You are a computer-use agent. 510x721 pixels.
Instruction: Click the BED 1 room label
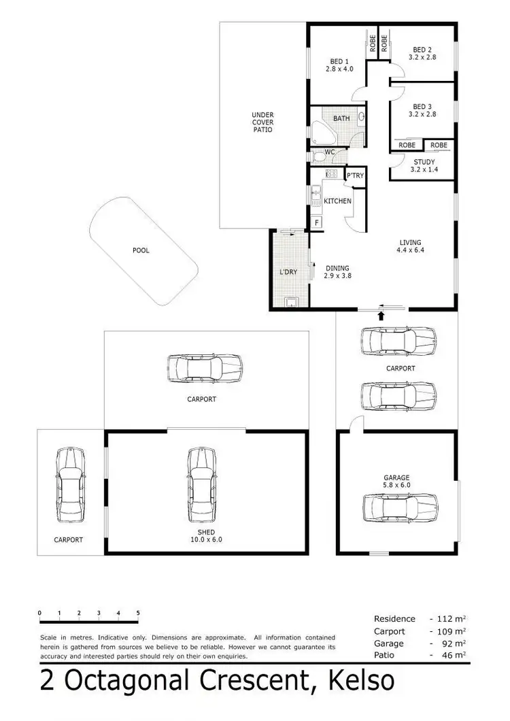(336, 61)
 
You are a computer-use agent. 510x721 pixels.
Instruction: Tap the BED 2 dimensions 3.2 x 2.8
(422, 58)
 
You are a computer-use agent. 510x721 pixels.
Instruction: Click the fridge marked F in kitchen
(316, 222)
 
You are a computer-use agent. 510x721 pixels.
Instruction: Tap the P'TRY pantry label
(355, 176)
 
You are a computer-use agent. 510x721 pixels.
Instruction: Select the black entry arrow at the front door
(381, 315)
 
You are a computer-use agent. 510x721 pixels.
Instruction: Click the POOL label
(141, 250)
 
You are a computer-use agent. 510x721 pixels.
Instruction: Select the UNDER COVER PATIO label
(262, 122)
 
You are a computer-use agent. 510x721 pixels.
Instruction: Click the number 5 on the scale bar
(138, 613)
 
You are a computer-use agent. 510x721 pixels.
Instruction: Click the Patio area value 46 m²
(454, 655)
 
